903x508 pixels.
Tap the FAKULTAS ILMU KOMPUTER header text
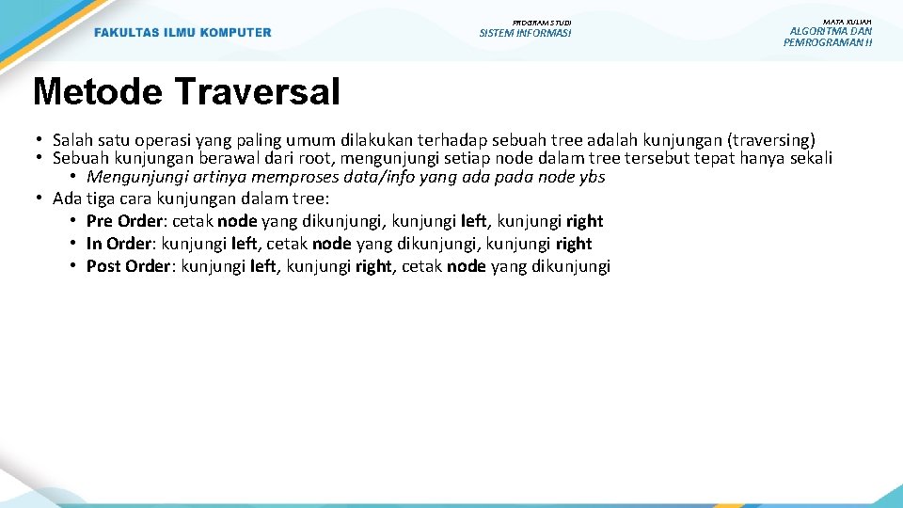pyautogui.click(x=182, y=33)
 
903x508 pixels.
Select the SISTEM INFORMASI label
pyautogui.click(x=525, y=33)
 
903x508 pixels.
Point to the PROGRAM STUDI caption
pyautogui.click(x=542, y=22)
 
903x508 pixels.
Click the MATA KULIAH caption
pyautogui.click(x=847, y=21)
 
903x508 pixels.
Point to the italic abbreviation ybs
pyautogui.click(x=592, y=177)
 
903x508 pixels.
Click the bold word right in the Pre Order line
pyautogui.click(x=584, y=221)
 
